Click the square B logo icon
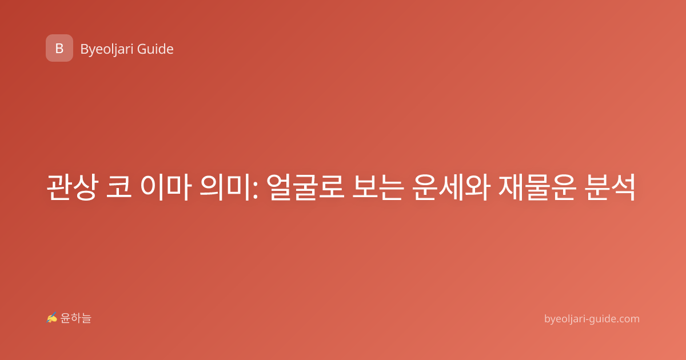tap(59, 48)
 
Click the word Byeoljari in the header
tap(106, 49)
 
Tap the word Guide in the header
tap(155, 49)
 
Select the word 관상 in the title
tap(73, 187)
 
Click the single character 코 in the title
tap(119, 187)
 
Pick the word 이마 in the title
tap(166, 187)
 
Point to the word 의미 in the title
tap(226, 187)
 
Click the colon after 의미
tap(256, 191)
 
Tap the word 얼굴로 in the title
tap(305, 187)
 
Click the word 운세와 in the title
tap(451, 187)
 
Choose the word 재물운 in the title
tap(537, 187)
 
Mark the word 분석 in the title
tap(610, 187)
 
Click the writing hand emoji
tap(52, 318)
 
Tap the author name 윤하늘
tap(75, 318)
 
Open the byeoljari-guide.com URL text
tap(592, 319)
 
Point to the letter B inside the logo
tap(59, 49)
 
